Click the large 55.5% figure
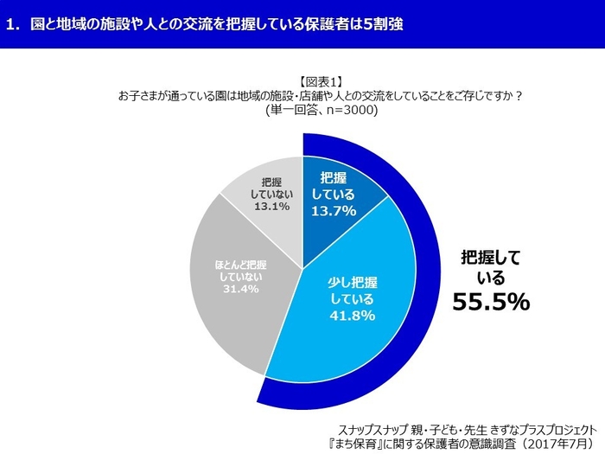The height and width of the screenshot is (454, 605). (x=491, y=300)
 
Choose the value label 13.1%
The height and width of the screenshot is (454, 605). (x=271, y=207)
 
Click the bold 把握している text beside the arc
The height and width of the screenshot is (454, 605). (x=490, y=266)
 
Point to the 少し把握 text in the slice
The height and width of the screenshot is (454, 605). (x=351, y=281)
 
